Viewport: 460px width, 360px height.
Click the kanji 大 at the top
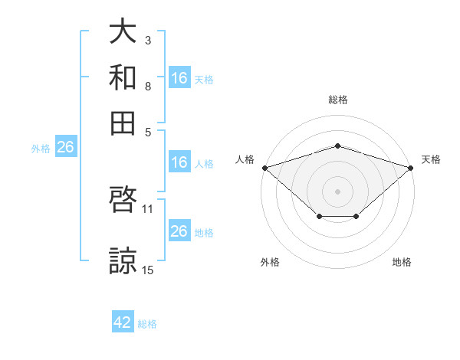123,31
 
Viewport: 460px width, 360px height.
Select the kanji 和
123,77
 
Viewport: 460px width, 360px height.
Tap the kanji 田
123,123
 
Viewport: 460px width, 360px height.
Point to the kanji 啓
123,199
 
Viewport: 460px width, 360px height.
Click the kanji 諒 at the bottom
123,260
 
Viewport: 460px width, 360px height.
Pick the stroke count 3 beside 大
148,40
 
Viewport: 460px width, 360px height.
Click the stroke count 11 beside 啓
147,209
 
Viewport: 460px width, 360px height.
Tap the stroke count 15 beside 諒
147,270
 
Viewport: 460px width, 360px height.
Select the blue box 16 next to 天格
180,77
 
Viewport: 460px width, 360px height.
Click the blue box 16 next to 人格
180,162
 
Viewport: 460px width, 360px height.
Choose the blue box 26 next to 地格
180,230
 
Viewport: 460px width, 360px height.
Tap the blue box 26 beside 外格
66,146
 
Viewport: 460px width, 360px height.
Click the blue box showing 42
123,321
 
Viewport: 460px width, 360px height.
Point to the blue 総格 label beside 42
147,324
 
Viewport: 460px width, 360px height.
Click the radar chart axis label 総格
338,100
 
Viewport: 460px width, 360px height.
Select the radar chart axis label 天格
431,159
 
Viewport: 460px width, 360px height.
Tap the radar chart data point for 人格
265,168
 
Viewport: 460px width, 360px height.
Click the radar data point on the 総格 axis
337,146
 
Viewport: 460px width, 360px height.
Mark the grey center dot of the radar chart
337,191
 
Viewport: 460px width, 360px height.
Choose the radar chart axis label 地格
402,262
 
